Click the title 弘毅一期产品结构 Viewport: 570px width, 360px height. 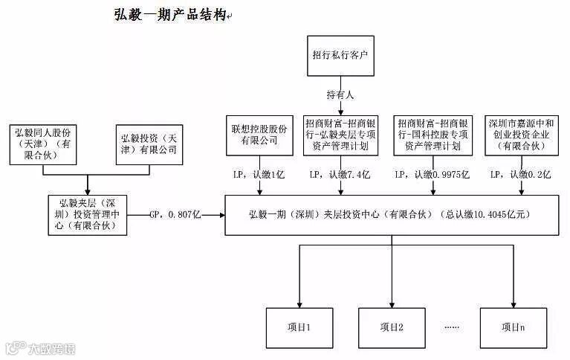pos(169,16)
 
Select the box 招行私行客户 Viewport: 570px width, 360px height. pos(341,56)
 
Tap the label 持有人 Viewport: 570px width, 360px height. pos(341,95)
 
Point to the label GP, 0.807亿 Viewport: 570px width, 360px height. pos(175,214)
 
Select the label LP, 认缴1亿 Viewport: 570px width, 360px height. pos(259,175)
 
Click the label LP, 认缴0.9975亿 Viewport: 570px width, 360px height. pos(432,175)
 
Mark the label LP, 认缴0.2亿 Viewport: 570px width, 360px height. pos(520,175)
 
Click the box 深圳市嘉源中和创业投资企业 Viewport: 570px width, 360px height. pos(519,135)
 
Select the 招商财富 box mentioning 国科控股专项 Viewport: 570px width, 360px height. pos(432,135)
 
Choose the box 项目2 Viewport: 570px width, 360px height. pos(391,327)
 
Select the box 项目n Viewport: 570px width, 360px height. pos(513,327)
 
